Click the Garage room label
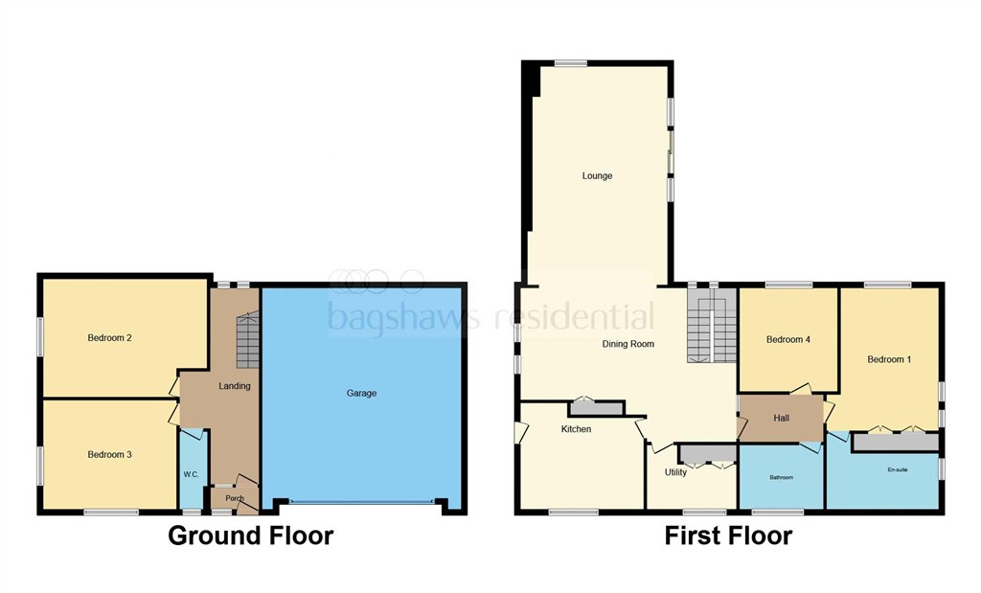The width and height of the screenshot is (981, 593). click(x=361, y=394)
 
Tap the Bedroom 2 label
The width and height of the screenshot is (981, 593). click(x=109, y=338)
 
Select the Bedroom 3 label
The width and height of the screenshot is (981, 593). click(x=109, y=455)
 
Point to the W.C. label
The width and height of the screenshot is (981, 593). click(x=191, y=475)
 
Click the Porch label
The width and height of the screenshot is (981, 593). click(x=235, y=498)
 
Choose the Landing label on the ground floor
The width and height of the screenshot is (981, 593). click(x=235, y=386)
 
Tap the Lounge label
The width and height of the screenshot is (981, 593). click(x=598, y=175)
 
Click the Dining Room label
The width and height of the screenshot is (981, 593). click(x=628, y=343)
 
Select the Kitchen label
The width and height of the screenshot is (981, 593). click(x=576, y=429)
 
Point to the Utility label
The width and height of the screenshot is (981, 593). click(x=675, y=472)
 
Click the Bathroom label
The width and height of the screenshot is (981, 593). click(x=782, y=477)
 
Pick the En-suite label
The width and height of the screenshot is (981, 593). click(x=897, y=469)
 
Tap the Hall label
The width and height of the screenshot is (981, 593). click(x=782, y=418)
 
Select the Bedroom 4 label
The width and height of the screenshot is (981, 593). click(x=788, y=340)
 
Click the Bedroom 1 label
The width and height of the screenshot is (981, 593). click(x=889, y=359)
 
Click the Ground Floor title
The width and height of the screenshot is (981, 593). click(x=250, y=536)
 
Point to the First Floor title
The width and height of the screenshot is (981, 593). click(x=728, y=536)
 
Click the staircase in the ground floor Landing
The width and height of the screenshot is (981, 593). click(x=248, y=340)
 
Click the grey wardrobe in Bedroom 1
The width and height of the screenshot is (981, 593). click(x=896, y=443)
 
